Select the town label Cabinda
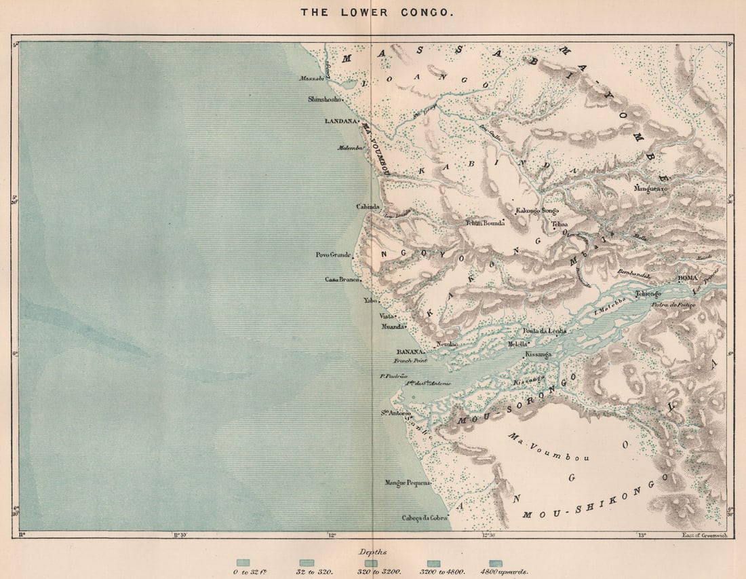point(368,206)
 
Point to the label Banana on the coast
point(410,352)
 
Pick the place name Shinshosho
point(325,99)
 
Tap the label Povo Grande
point(333,255)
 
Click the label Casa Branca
point(341,279)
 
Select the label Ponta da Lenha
point(544,331)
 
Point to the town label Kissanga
point(538,354)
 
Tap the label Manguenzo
point(651,188)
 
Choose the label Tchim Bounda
point(485,223)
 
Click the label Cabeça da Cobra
point(425,518)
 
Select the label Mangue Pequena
point(408,483)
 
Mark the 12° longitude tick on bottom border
point(332,536)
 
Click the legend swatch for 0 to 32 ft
point(243,563)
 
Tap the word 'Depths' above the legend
point(372,553)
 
